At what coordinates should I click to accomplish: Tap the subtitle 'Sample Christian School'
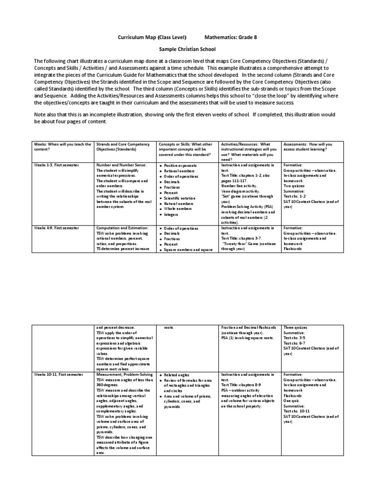(x=187, y=50)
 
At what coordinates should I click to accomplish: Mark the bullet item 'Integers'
(x=171, y=214)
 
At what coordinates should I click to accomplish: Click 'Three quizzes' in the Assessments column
(x=296, y=327)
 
